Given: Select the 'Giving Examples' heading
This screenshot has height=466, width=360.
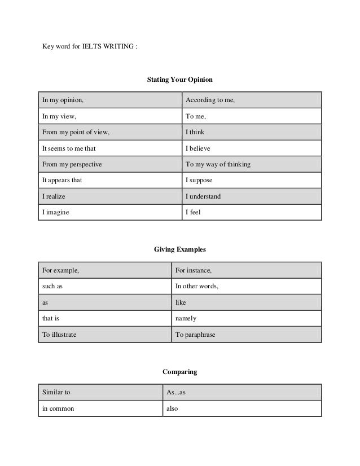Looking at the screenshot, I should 179,249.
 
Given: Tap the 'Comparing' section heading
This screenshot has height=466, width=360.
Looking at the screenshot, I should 179,372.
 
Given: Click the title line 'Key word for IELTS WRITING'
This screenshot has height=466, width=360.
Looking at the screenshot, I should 89,46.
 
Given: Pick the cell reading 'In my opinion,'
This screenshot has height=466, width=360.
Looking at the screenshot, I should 63,101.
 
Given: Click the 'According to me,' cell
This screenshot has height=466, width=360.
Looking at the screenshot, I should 210,101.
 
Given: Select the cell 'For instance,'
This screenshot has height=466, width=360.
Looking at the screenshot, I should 197,271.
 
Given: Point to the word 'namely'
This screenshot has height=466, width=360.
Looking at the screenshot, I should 186,318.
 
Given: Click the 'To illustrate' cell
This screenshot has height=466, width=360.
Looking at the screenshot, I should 60,335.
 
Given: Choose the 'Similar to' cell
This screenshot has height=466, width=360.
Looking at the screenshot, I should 56,392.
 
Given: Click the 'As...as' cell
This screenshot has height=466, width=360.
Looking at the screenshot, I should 176,392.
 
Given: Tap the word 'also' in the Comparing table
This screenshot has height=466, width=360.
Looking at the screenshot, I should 172,408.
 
